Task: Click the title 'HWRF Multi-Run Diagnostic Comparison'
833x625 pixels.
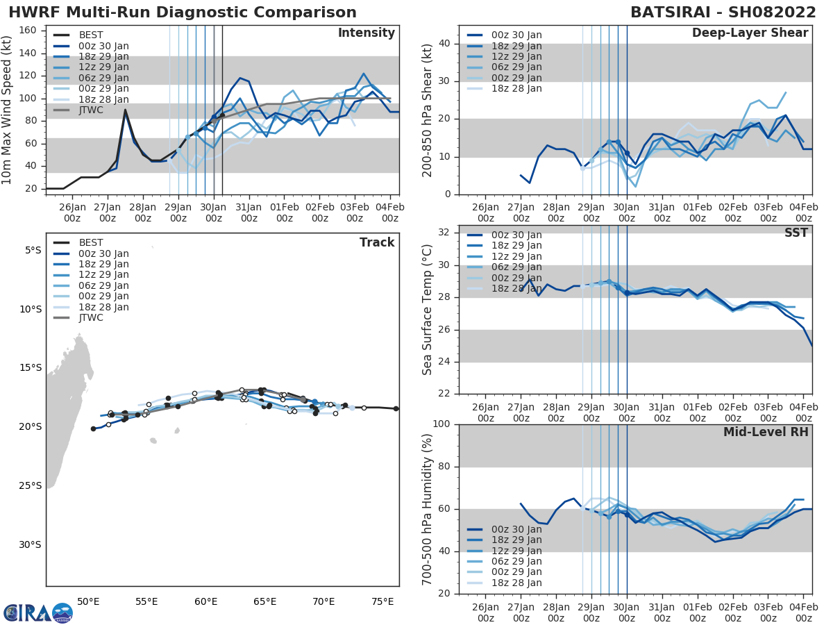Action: point(183,12)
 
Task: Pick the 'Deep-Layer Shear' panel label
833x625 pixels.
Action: point(750,33)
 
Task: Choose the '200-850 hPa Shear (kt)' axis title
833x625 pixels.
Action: point(428,110)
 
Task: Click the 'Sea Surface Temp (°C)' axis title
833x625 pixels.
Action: point(428,310)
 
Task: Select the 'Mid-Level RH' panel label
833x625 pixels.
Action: point(766,432)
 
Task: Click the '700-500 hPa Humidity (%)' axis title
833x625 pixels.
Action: point(428,509)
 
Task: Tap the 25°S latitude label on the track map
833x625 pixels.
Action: point(32,485)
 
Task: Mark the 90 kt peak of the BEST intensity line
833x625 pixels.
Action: point(125,110)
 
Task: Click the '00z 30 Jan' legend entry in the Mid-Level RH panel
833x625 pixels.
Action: point(514,530)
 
